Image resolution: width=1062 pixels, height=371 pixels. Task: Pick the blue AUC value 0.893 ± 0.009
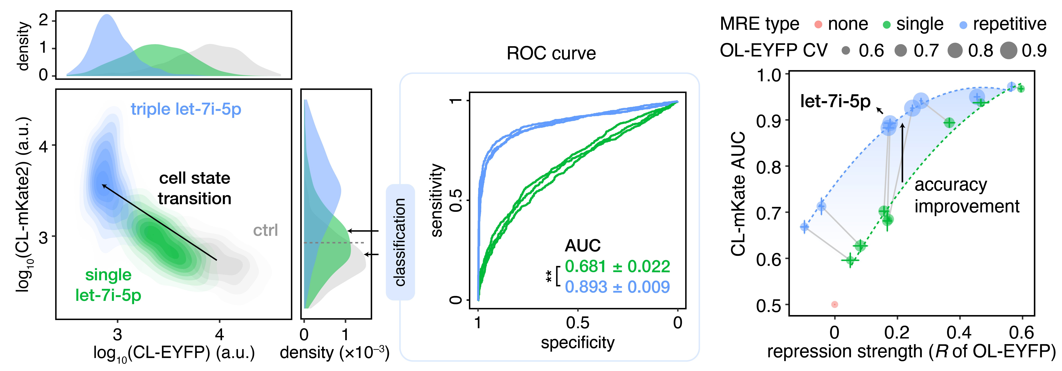pyautogui.click(x=617, y=287)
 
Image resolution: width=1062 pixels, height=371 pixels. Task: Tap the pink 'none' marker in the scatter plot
pyautogui.click(x=834, y=305)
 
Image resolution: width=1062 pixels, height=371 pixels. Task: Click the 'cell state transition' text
pyautogui.click(x=195, y=188)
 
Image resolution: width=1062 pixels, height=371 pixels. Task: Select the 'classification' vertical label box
pyautogui.click(x=400, y=242)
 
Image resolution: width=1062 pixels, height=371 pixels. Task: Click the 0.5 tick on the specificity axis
pyautogui.click(x=578, y=323)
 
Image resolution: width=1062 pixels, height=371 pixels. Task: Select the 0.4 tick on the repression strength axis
pyautogui.click(x=960, y=332)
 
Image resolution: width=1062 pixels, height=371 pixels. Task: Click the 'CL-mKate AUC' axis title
pyautogui.click(x=738, y=194)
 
